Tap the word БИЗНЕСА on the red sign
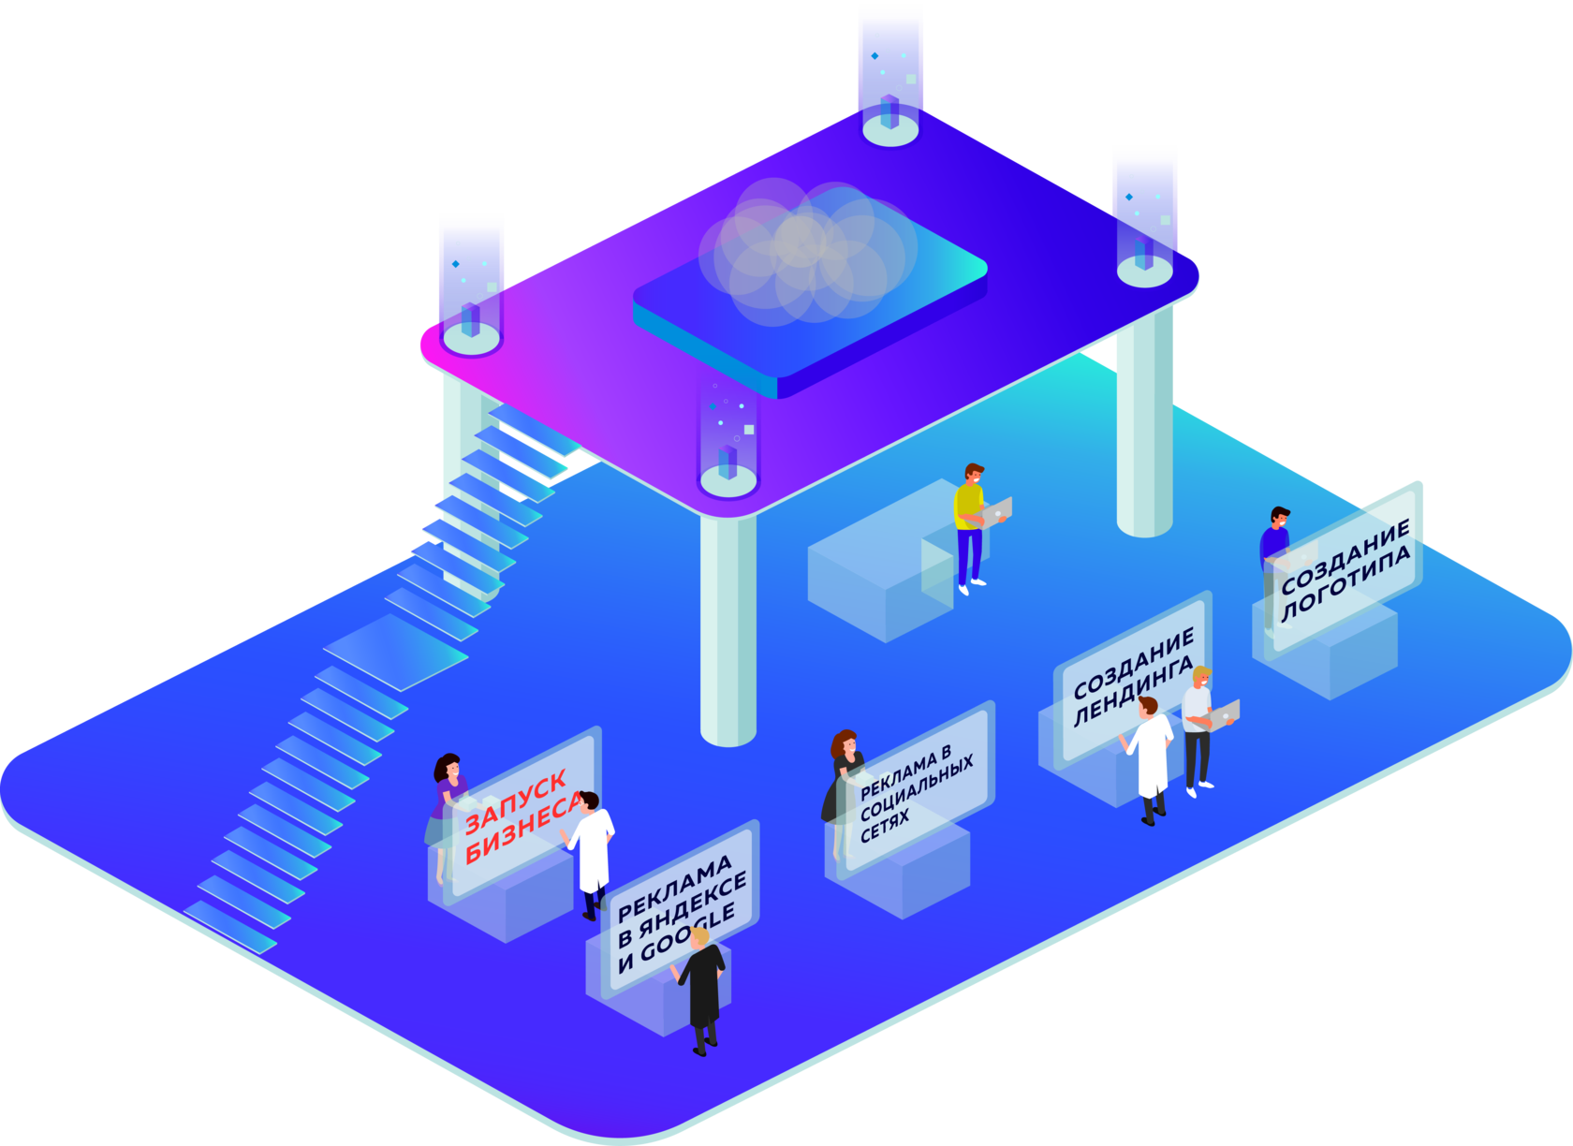tap(522, 832)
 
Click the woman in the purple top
tap(448, 805)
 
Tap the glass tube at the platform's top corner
tap(890, 75)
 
